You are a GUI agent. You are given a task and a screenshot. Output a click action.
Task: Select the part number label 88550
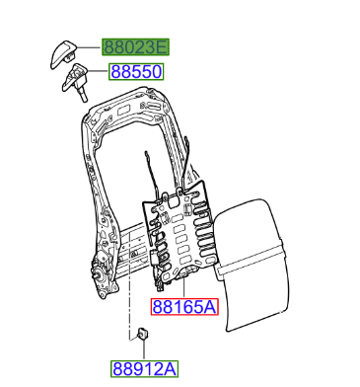(x=136, y=73)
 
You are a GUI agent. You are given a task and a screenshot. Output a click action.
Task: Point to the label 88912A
(x=144, y=369)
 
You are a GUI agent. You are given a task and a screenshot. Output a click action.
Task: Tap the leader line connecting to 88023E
(x=95, y=47)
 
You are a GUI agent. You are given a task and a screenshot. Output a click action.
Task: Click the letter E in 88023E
(x=162, y=46)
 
